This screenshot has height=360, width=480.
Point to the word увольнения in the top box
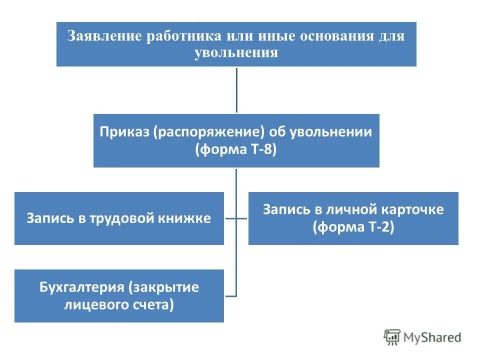(x=236, y=52)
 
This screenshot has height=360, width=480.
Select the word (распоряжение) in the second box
(x=208, y=132)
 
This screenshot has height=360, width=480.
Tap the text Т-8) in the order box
(x=261, y=149)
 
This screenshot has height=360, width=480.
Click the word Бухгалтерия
(x=81, y=287)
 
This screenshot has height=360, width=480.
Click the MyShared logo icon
(x=392, y=337)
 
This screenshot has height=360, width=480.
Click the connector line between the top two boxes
(x=236, y=90)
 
